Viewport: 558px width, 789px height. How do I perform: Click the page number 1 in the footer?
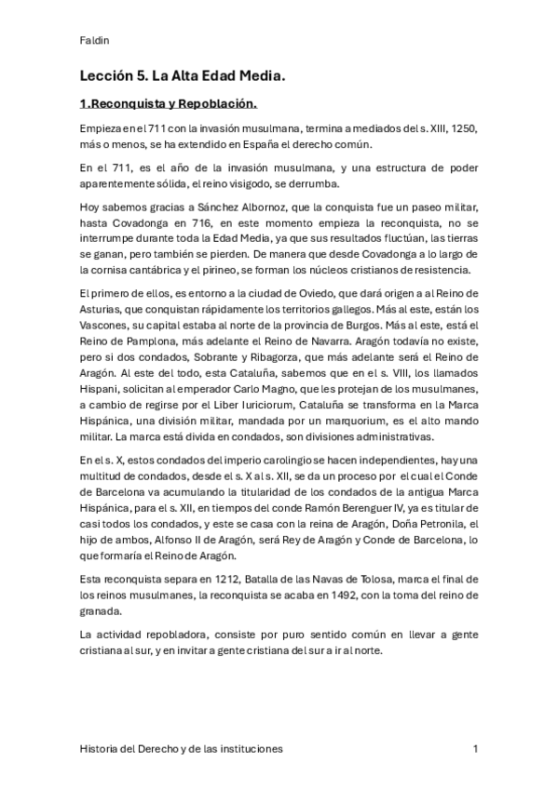pyautogui.click(x=476, y=748)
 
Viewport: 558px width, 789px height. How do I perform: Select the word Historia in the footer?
pyautogui.click(x=101, y=748)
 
